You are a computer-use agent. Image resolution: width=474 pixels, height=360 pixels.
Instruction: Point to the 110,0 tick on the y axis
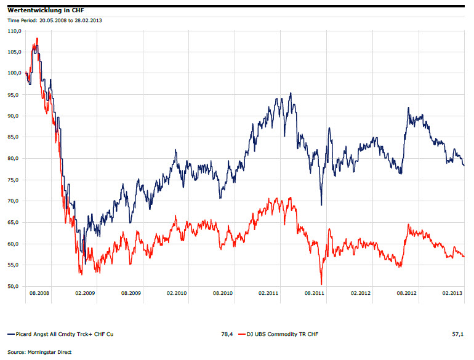(x=14, y=30)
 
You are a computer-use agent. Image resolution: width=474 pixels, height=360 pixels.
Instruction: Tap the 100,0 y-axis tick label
(x=14, y=73)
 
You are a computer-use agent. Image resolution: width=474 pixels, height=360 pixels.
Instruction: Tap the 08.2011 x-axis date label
(x=314, y=294)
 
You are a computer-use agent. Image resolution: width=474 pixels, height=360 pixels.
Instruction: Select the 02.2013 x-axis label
(x=452, y=294)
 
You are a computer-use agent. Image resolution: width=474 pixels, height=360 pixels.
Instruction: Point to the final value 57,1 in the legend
(x=458, y=334)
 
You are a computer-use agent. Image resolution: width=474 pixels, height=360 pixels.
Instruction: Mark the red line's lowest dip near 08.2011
(x=321, y=284)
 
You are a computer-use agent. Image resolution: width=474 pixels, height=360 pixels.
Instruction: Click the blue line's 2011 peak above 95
(x=290, y=94)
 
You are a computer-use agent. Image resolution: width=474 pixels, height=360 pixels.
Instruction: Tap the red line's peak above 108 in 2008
(x=37, y=39)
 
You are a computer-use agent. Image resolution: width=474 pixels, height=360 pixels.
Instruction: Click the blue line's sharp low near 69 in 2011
(x=321, y=204)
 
